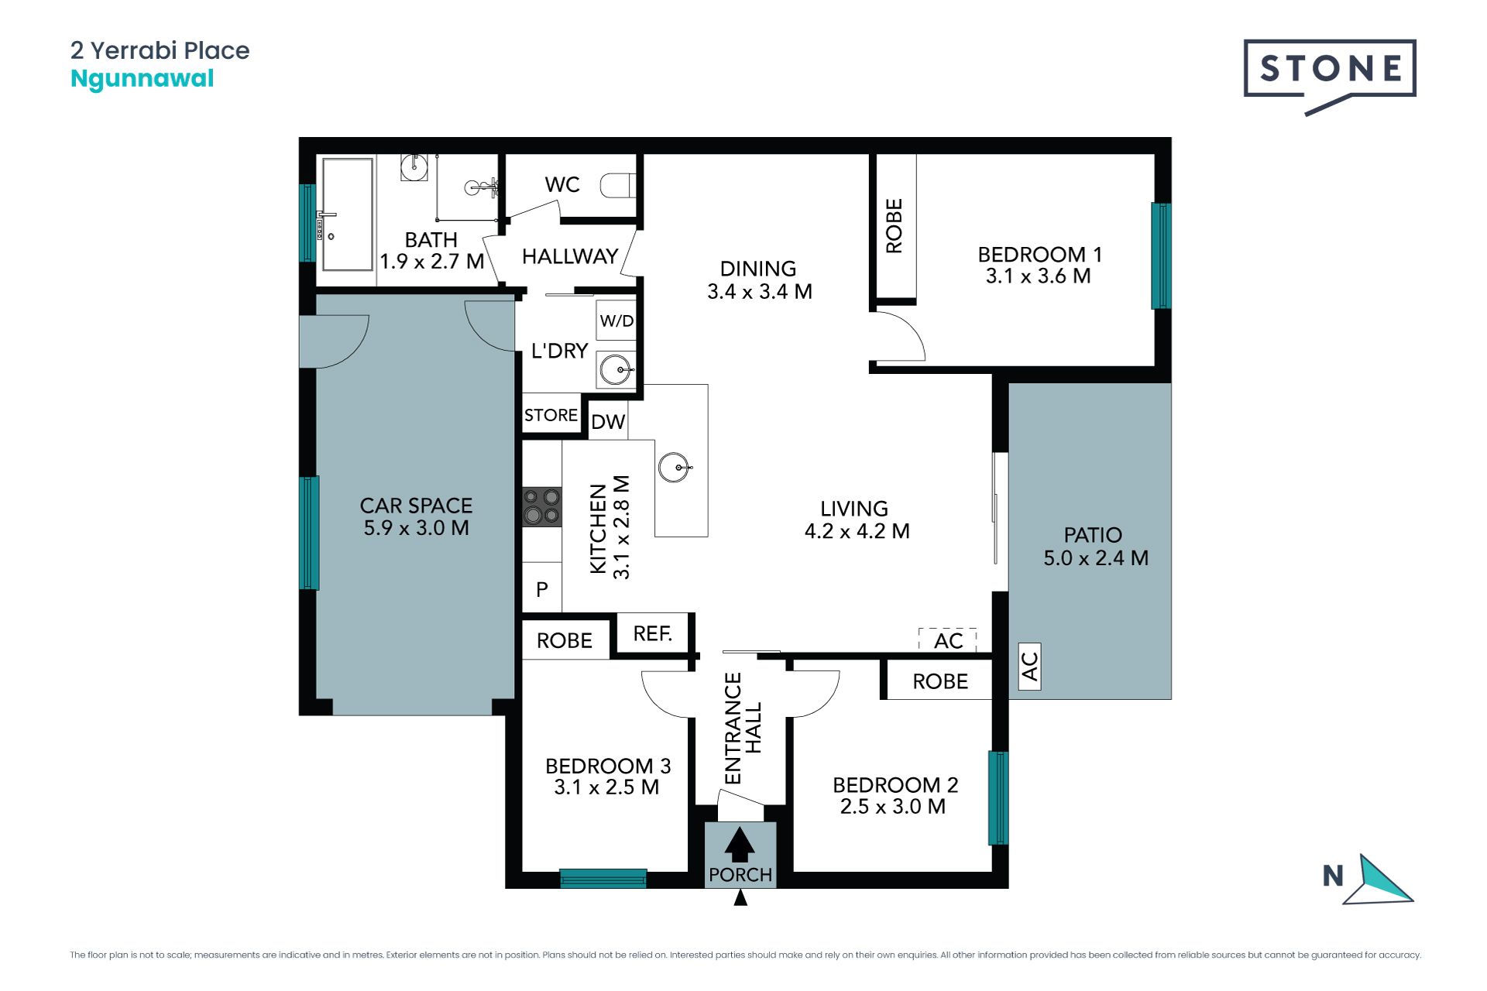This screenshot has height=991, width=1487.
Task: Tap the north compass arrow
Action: point(1379,882)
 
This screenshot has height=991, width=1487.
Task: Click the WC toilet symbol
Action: point(618,186)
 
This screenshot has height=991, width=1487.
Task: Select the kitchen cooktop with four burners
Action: point(541,506)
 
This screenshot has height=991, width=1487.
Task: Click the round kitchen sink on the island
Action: point(674,468)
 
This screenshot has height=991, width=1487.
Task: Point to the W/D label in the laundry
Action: point(616,321)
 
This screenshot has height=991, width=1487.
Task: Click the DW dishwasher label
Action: point(608,422)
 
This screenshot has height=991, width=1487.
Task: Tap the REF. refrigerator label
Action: point(652,634)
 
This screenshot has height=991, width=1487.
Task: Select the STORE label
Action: point(551,415)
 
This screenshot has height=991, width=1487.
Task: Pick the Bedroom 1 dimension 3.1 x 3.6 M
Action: point(1038,276)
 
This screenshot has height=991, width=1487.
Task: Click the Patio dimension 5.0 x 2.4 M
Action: point(1096,558)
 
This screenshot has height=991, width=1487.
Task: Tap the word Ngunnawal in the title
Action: point(142,80)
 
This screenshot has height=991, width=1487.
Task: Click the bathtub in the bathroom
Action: point(348,214)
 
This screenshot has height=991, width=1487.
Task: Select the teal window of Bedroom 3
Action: point(603,878)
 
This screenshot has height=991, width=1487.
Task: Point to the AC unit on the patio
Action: point(1029,667)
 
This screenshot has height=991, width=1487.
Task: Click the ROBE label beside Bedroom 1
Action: point(894,225)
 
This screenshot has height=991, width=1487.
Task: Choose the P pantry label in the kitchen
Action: point(542,589)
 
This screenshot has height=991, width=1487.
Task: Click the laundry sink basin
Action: point(616,369)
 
